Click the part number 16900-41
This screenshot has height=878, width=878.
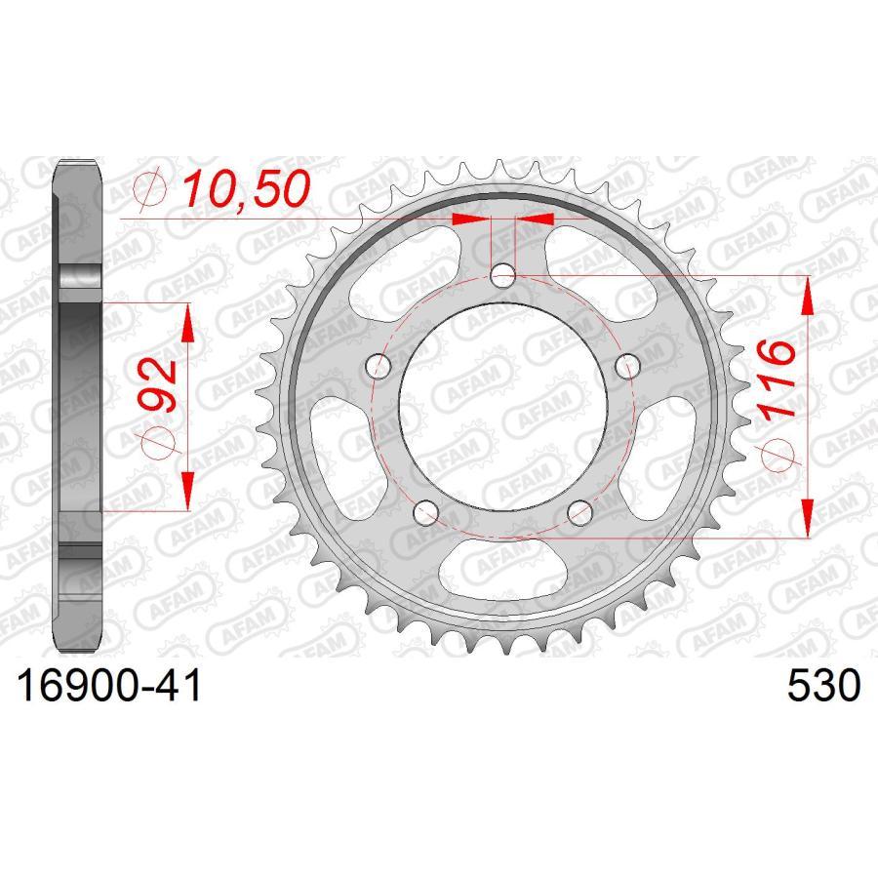(109, 686)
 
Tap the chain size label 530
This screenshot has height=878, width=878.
(823, 686)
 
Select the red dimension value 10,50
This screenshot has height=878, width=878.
(246, 188)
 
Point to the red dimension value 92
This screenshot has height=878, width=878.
(158, 385)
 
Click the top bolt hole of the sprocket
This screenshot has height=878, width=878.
(502, 275)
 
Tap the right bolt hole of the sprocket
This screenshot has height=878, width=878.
(627, 367)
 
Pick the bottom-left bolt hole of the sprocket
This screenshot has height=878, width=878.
(426, 513)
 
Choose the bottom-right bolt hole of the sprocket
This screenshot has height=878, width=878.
(579, 513)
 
